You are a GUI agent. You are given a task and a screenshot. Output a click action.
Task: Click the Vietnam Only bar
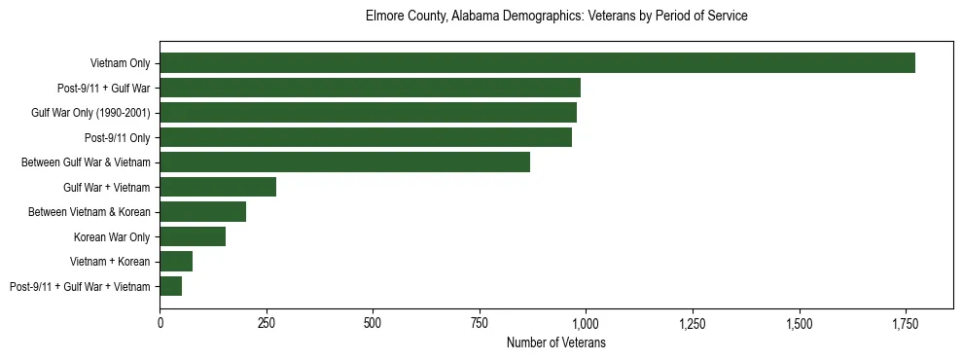point(537,63)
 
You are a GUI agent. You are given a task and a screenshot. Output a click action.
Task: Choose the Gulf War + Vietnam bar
point(218,187)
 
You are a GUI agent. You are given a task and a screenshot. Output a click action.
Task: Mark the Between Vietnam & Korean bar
point(202,212)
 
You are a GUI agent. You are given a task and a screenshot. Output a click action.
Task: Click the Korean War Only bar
point(193,236)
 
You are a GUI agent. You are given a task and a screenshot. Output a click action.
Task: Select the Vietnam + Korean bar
point(176,262)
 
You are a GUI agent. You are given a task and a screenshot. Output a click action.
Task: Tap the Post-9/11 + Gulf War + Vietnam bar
point(171,286)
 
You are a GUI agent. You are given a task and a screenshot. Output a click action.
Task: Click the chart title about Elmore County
point(556,17)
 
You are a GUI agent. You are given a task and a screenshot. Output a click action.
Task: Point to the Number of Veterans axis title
point(556,342)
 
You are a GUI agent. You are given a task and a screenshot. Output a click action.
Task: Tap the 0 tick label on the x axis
point(160,322)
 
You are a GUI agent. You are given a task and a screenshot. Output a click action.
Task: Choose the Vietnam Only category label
point(121,63)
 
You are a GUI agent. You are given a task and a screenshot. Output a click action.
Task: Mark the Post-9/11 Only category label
point(118,137)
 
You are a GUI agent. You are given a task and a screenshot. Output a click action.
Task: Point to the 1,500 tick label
point(799,322)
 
